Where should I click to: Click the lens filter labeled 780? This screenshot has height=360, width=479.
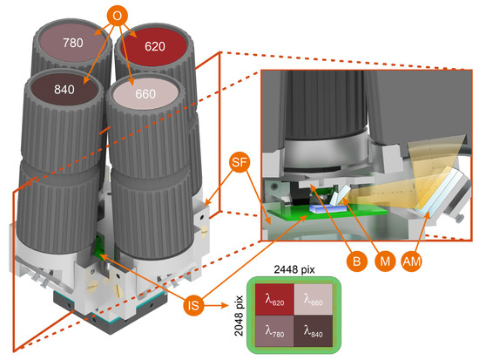coord(72,43)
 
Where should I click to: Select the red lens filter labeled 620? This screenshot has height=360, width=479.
coord(154,46)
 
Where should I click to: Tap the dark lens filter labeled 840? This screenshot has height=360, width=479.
coord(64,89)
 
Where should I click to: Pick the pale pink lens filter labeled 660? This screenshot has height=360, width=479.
coord(145,93)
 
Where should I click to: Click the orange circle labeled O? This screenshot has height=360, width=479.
coord(117,16)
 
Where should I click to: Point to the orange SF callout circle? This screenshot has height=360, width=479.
coord(239,162)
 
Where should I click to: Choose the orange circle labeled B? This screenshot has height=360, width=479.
coord(356,262)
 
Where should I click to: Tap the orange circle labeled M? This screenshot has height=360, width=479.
coord(385,262)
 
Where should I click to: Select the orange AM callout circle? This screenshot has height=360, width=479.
coord(412,262)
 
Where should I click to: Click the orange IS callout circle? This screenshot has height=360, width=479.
coord(193,305)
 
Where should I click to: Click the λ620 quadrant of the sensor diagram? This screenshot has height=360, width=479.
coord(274,300)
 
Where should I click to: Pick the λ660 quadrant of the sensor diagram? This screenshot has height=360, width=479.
coord(314,300)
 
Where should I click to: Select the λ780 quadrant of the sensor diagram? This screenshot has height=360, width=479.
coord(274,331)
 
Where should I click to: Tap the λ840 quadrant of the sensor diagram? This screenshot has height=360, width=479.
coord(314,331)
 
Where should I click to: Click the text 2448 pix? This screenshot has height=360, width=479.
coord(294,269)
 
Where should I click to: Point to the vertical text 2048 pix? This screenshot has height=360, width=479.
coord(239,316)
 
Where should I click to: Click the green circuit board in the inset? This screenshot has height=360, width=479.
coord(327,214)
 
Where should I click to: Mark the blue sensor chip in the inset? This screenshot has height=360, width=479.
coord(327,209)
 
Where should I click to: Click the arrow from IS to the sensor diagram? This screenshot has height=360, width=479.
coord(216,305)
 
